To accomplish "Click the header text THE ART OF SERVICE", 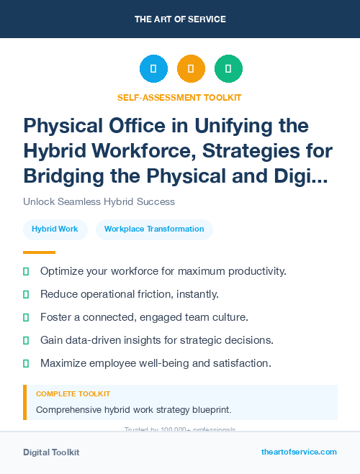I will (180, 19).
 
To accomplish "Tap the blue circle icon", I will (153, 69).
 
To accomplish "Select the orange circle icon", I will (191, 69).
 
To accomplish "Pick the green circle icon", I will (228, 69).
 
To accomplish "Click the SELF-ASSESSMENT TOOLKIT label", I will (179, 97).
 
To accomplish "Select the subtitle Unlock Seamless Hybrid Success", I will (99, 201).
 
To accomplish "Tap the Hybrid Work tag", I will (55, 229).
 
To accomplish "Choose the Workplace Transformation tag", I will (154, 229).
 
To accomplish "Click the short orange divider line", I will (39, 252).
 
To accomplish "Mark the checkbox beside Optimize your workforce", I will (27, 271).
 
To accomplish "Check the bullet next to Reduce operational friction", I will (27, 294).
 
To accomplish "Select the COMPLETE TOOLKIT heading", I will (73, 394).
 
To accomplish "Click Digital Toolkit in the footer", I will (51, 452).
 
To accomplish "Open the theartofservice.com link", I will (299, 452).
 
